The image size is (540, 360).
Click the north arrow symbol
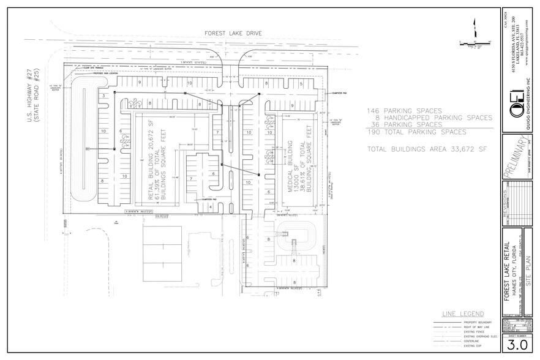pyautogui.click(x=473, y=28)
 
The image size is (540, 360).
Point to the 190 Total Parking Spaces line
pyautogui.click(x=416, y=132)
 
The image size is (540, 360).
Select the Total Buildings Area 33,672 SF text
pyautogui.click(x=420, y=149)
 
